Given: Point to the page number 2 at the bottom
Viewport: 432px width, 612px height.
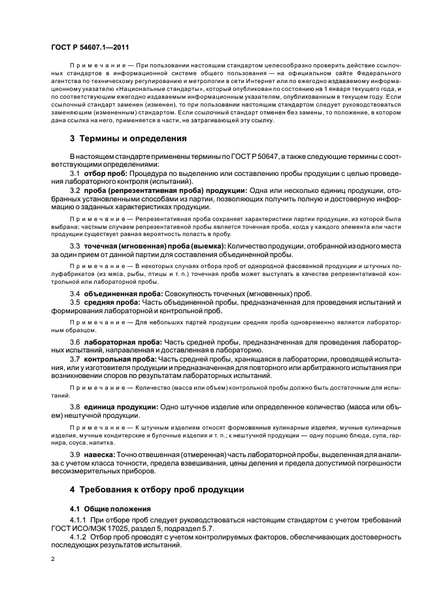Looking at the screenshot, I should (x=53, y=559).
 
